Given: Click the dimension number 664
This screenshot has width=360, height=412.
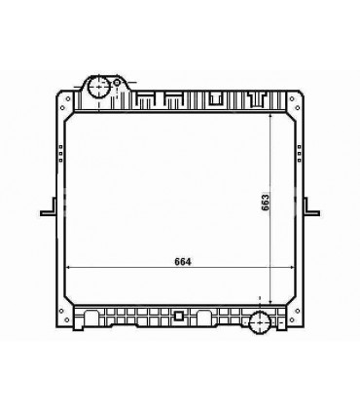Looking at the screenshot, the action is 183,261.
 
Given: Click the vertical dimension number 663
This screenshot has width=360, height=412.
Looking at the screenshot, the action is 266,203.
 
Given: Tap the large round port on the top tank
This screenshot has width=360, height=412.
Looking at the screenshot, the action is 98,88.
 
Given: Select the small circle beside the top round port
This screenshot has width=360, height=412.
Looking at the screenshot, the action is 117,83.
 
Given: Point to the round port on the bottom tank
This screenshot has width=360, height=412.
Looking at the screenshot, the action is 260,321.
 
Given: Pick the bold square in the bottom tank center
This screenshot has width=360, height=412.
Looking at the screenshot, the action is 179,316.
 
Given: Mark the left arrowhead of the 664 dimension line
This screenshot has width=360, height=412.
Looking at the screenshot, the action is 69,267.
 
